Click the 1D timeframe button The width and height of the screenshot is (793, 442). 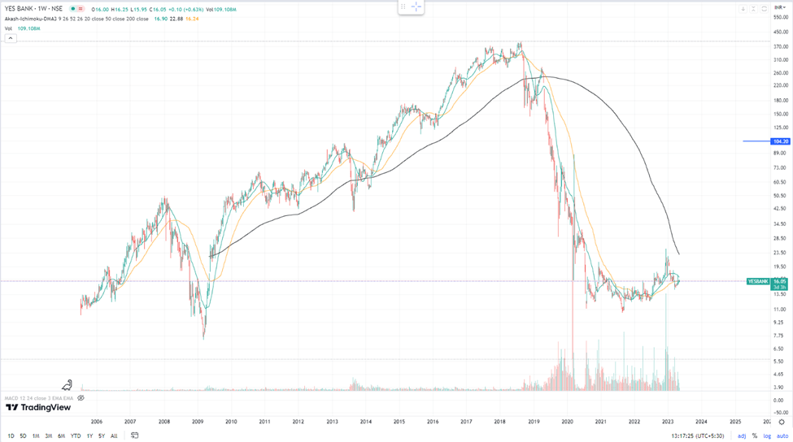point(11,435)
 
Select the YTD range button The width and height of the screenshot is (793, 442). point(76,435)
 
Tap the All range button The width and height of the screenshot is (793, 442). point(114,435)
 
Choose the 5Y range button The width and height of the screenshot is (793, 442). point(101,435)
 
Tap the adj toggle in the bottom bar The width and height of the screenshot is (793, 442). point(741,435)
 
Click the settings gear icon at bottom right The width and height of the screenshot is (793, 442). point(782,422)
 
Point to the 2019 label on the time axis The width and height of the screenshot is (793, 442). point(534,422)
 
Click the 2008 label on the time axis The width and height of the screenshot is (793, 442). point(163,422)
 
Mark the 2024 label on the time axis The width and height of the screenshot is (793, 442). point(701,422)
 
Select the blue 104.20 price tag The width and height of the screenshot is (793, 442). point(781,141)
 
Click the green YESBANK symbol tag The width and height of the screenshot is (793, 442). point(757,281)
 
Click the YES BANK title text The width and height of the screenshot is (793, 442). point(22,8)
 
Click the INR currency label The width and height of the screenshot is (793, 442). point(778,8)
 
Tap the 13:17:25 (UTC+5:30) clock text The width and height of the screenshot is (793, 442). point(698,435)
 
